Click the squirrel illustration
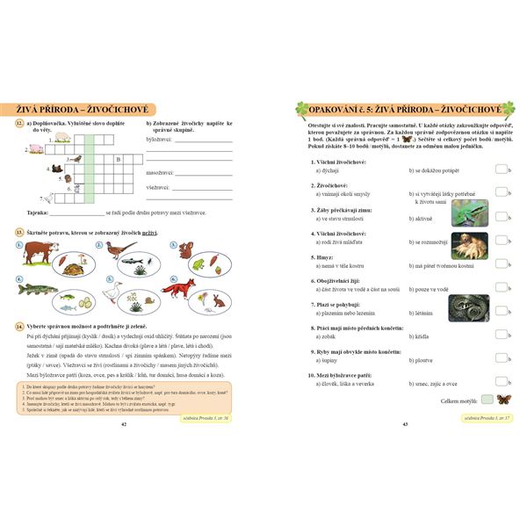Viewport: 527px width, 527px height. point(187,251)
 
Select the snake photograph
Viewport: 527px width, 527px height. point(469,307)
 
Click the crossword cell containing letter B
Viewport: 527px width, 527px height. point(118,162)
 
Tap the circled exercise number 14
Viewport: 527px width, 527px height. point(18,326)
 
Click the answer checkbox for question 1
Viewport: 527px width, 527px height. point(500,170)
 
